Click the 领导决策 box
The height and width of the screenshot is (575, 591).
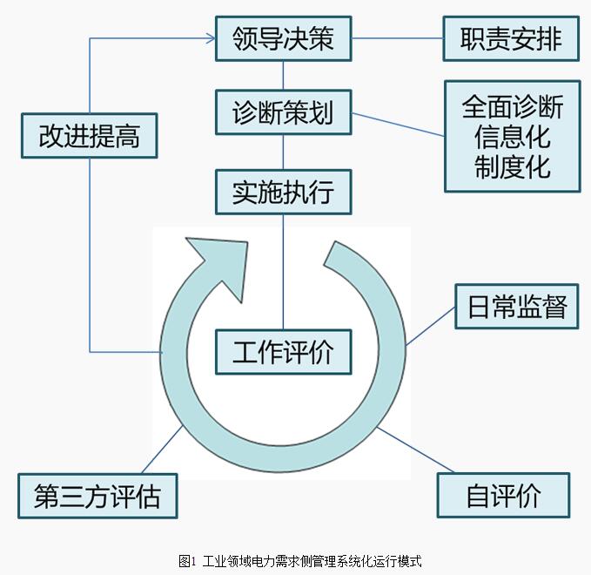pos(283,38)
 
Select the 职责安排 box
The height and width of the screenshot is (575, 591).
pos(510,38)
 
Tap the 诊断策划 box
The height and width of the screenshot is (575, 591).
pos(283,112)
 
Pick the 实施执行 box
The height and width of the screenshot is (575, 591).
pos(283,191)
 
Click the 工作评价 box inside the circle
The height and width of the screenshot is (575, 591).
pos(283,352)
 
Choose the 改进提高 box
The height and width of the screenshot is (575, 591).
pos(89,136)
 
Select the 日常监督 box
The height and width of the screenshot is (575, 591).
pos(517,307)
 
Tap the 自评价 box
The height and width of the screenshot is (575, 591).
pos(503,495)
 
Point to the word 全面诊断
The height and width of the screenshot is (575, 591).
pos(512,107)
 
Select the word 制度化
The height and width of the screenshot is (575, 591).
pos(512,166)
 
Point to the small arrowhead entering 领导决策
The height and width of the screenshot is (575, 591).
pos(210,37)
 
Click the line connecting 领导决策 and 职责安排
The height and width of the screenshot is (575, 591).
pos(397,38)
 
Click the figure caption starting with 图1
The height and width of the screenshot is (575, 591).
pos(299,561)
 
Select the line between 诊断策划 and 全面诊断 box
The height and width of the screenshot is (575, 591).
pos(398,125)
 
